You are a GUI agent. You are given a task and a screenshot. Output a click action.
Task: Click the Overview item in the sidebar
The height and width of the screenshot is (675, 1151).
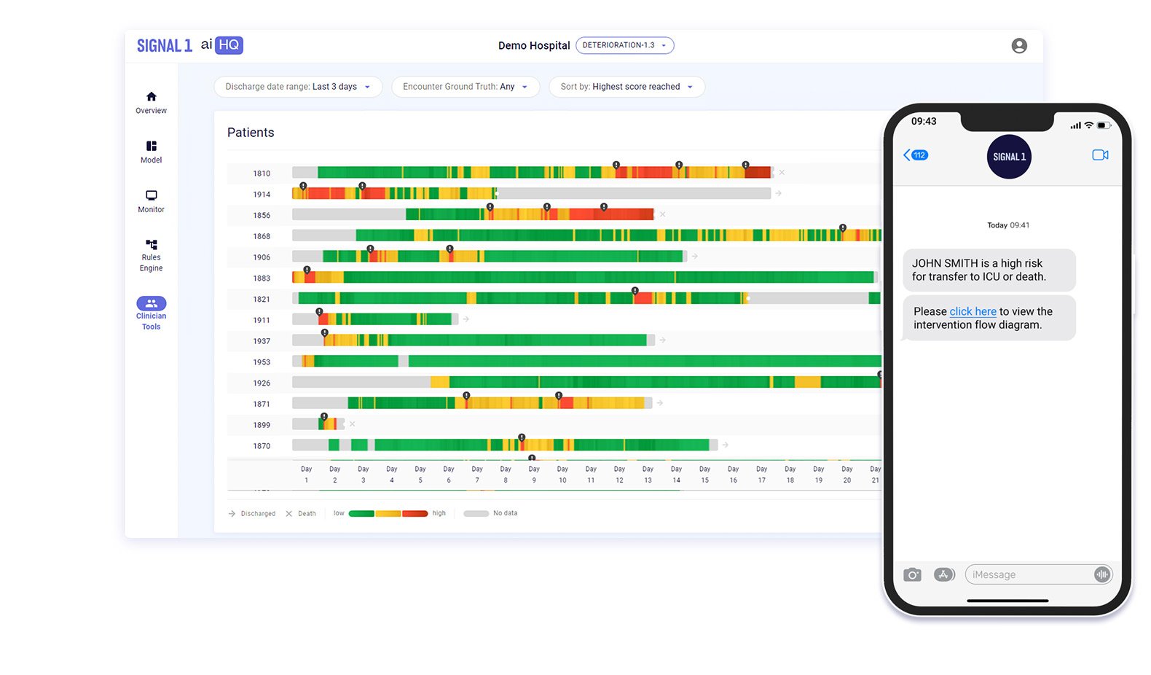(151, 102)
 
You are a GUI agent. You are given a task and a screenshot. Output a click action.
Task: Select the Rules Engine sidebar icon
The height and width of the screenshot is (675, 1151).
(151, 254)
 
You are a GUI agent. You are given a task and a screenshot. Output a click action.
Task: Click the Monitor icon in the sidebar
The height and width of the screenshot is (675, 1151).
(151, 200)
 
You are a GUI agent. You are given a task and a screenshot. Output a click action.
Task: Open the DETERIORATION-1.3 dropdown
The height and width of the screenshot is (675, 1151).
(624, 45)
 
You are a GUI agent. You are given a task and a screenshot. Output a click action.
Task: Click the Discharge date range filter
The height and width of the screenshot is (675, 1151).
(298, 87)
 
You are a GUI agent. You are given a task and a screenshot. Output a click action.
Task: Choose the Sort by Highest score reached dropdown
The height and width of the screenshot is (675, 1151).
(626, 87)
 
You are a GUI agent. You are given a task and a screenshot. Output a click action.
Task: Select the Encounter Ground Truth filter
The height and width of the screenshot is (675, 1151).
(465, 87)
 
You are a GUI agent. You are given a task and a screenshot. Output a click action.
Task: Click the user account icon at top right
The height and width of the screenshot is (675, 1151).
(1019, 46)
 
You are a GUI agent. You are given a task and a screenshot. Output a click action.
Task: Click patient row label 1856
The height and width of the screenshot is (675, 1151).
(262, 216)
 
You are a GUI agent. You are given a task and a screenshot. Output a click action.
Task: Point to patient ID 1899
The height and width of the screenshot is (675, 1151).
(262, 425)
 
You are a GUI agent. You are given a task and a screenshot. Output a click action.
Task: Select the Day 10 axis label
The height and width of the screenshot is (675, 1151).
(562, 475)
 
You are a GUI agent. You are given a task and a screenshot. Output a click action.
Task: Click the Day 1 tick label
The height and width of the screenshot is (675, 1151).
(307, 475)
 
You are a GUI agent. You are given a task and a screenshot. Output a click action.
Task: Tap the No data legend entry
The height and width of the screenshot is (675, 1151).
(492, 513)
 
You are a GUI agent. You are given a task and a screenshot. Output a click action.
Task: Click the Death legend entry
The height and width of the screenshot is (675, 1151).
(301, 514)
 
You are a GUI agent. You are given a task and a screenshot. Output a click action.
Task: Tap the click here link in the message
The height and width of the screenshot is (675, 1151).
(973, 311)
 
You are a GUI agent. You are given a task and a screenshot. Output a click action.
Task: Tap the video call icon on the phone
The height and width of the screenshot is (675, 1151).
(1100, 155)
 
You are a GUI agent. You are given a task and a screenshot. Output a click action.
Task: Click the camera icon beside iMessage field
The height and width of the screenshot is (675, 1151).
(912, 575)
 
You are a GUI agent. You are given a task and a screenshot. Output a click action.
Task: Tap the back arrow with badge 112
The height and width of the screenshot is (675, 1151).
(916, 155)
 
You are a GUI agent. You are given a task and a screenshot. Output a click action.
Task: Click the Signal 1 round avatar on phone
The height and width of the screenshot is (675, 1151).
(1009, 157)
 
